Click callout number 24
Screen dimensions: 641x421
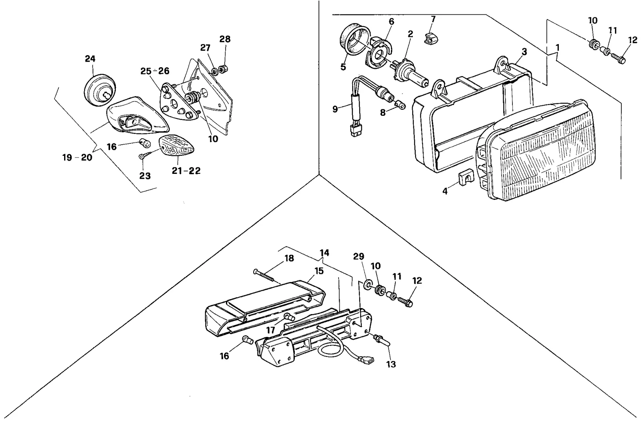click(90, 58)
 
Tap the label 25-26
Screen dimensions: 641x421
click(155, 71)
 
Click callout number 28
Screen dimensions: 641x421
click(225, 39)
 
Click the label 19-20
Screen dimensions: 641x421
click(78, 157)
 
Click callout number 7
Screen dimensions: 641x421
click(433, 20)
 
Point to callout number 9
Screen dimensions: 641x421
click(335, 109)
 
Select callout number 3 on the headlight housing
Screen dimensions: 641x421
click(524, 52)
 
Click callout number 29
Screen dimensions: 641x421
click(359, 256)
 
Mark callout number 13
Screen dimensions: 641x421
click(391, 364)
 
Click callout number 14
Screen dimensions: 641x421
click(325, 253)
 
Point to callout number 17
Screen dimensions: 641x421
click(271, 330)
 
